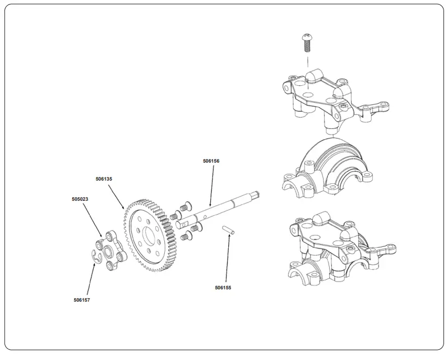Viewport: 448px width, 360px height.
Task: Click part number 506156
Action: click(211, 161)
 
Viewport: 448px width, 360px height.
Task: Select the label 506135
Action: click(104, 179)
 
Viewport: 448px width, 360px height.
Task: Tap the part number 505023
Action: click(80, 199)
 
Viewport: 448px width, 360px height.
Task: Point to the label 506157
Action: click(82, 300)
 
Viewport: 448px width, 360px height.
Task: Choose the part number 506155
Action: click(223, 288)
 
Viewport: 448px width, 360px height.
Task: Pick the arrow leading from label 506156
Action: click(211, 184)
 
